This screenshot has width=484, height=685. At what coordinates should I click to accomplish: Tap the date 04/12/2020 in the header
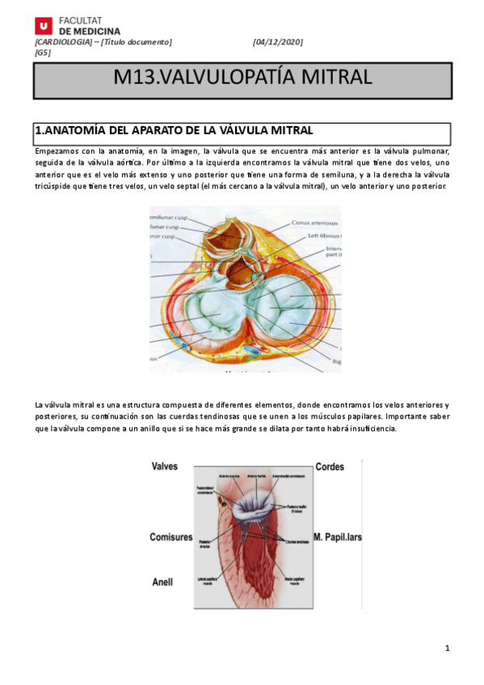click(277, 42)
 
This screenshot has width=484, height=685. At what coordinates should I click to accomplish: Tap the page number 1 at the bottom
click(447, 649)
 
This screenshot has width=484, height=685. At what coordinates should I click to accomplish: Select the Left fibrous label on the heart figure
click(322, 236)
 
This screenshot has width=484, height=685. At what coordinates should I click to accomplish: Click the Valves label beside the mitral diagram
click(164, 467)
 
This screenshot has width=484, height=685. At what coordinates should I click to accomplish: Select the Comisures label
click(171, 537)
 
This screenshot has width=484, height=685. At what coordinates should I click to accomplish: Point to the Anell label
click(162, 581)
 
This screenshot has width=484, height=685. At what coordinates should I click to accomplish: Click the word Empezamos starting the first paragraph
click(57, 151)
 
